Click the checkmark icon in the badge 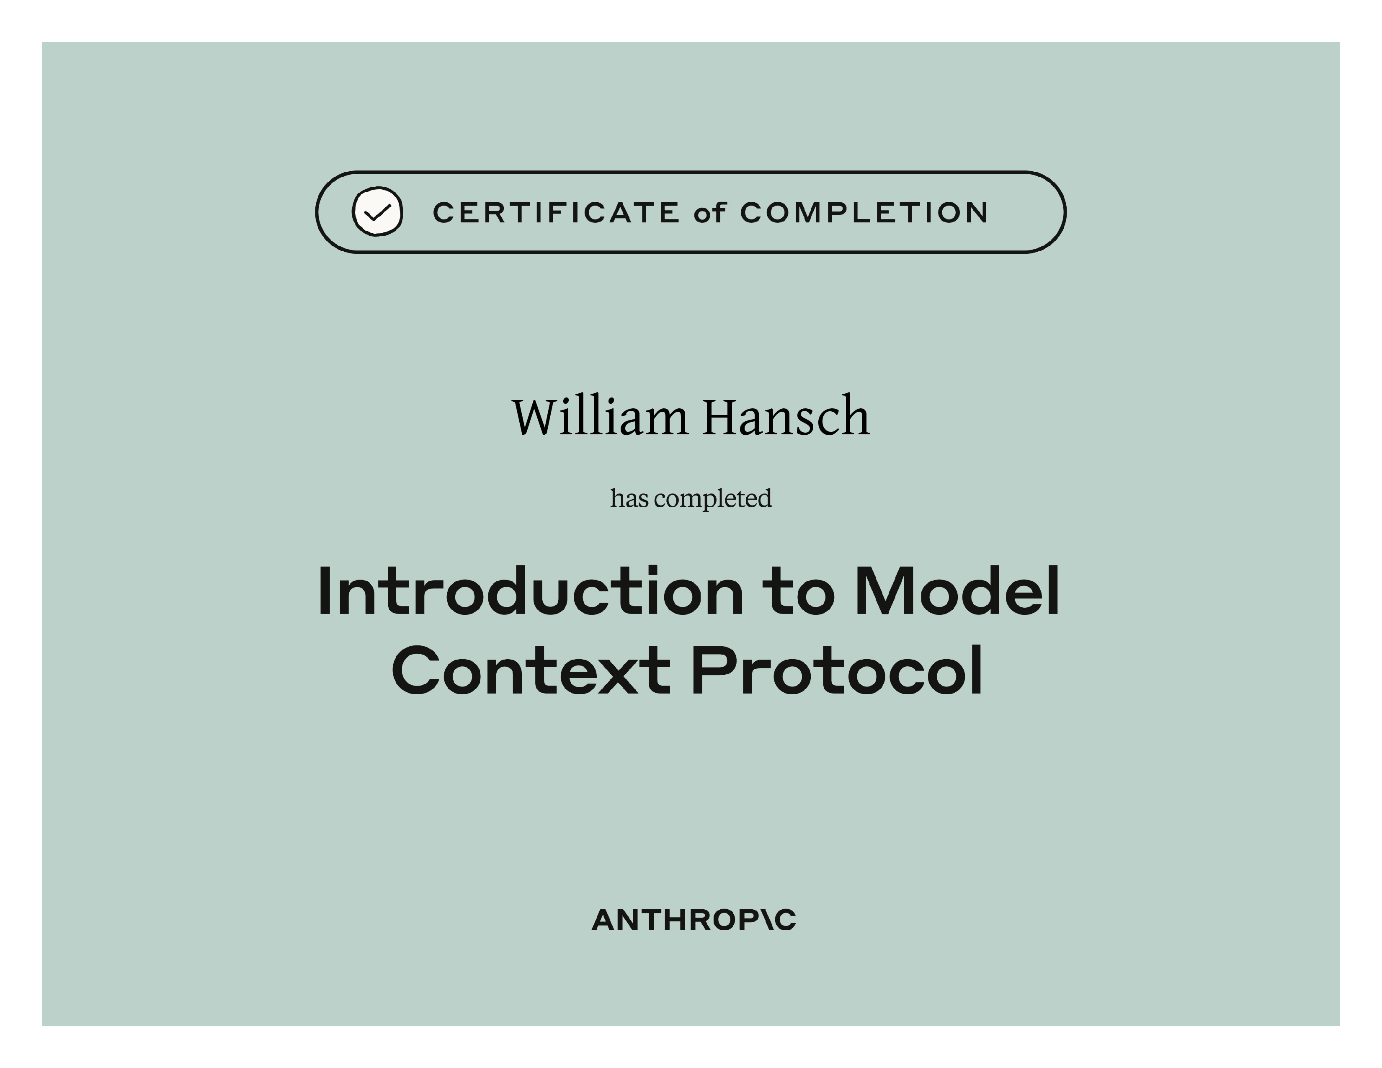tap(377, 212)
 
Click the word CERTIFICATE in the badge tap(556, 213)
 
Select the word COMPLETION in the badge tap(864, 213)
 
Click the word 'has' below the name tap(629, 498)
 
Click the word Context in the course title tap(530, 670)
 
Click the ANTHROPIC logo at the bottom tap(694, 920)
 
